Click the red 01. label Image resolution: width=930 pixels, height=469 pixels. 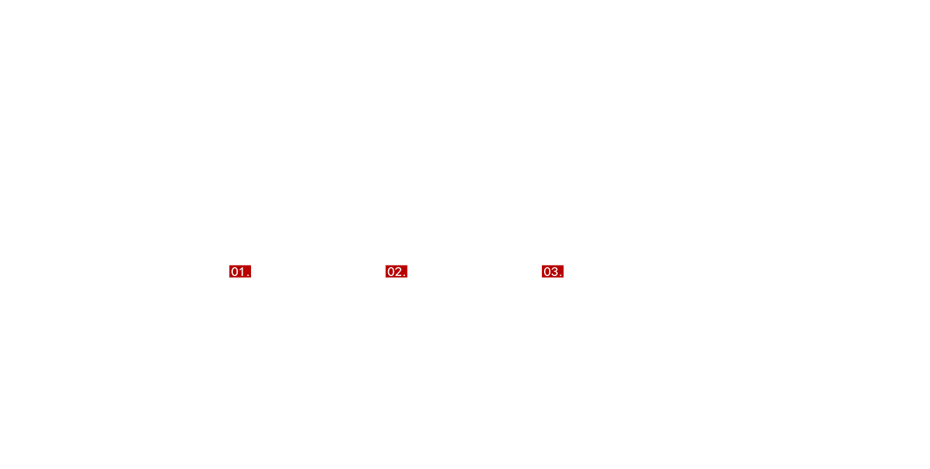[240, 271]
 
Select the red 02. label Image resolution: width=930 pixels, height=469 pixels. [396, 271]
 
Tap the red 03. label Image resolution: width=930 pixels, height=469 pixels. [552, 271]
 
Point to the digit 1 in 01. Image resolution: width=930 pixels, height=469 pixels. [242, 272]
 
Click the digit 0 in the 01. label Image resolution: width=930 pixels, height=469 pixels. [234, 272]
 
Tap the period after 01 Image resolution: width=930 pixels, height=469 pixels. [248, 275]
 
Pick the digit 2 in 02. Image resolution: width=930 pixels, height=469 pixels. [398, 272]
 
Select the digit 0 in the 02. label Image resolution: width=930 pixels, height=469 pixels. [391, 272]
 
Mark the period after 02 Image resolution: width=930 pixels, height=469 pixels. [404, 275]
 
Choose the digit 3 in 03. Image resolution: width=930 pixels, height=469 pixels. [555, 272]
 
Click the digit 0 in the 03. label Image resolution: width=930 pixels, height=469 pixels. [548, 272]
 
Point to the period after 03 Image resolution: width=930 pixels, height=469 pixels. [561, 275]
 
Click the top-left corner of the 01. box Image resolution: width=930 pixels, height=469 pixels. [229, 265]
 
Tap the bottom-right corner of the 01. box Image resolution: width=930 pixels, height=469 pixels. [251, 277]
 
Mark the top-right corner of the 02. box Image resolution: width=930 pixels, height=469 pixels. [408, 265]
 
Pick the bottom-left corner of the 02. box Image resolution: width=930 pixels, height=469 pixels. [385, 277]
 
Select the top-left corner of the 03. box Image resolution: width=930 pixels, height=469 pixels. [542, 265]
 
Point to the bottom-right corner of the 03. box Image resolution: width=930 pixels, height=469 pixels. [564, 277]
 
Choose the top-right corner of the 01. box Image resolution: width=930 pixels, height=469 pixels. [251, 265]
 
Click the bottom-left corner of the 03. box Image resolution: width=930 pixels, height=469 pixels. [542, 277]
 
